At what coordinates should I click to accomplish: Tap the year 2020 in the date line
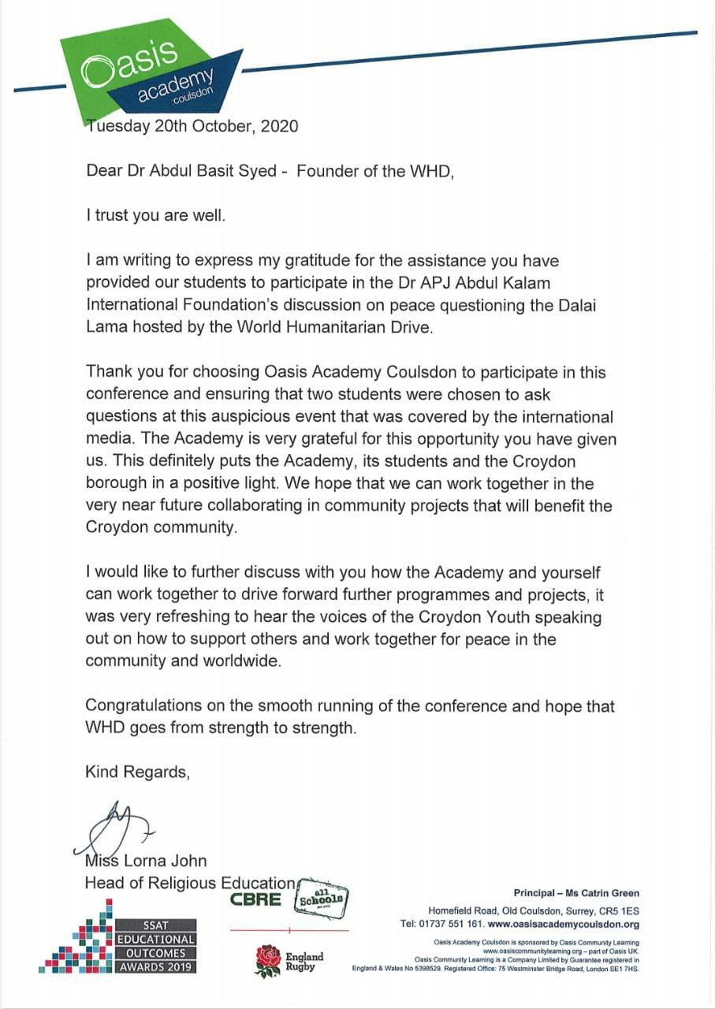(x=279, y=126)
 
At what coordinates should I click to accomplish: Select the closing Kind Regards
(x=137, y=772)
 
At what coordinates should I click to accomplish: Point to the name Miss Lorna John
(x=146, y=861)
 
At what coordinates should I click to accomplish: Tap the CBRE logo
(x=255, y=899)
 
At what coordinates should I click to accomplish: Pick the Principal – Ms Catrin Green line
(x=576, y=893)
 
